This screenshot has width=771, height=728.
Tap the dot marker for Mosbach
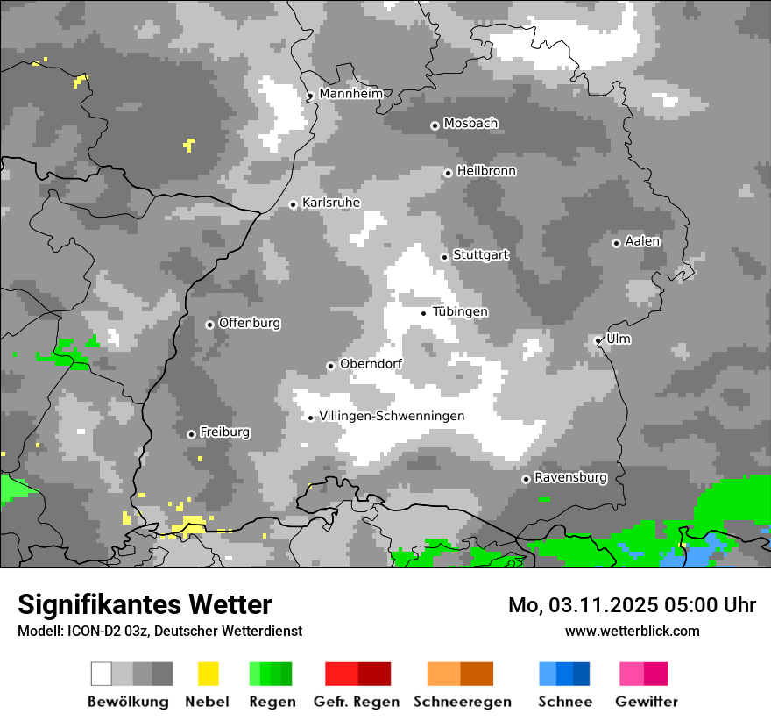point(435,125)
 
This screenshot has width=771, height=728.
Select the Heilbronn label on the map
point(486,171)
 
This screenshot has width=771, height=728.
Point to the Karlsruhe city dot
point(294,204)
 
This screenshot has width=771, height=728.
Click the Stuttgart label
point(480,255)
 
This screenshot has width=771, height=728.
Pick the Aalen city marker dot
point(616,243)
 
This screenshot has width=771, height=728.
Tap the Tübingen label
point(460,312)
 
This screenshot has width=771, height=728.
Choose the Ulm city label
point(619,339)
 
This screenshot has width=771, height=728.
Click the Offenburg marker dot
point(209,325)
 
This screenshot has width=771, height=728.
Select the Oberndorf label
point(371,364)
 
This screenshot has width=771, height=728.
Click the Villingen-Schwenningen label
point(392,416)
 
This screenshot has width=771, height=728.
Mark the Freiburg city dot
point(191,434)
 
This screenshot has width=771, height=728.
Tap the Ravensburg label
point(570,477)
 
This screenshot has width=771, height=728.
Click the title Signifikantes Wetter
point(145,604)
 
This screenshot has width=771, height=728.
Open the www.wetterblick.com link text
point(632,631)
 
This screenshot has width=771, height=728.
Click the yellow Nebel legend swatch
point(208,674)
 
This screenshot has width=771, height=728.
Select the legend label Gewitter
point(646,702)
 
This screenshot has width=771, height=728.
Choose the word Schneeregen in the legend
point(462,702)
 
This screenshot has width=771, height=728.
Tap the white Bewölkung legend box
point(102,674)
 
